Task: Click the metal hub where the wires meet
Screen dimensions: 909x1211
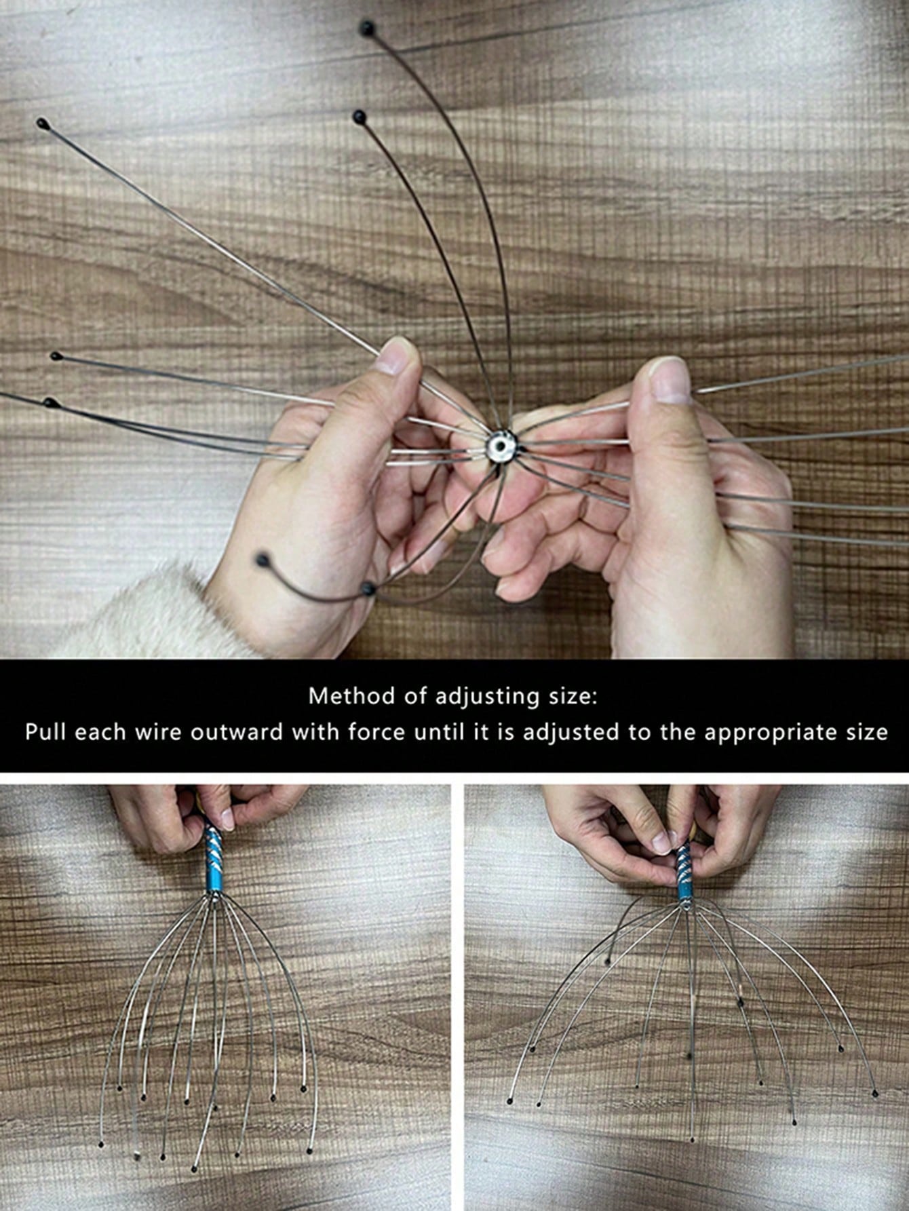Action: click(500, 445)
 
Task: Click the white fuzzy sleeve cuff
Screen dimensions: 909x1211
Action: click(136, 614)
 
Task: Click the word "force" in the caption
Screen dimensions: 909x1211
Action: click(379, 733)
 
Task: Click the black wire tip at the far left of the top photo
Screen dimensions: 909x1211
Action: click(43, 124)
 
